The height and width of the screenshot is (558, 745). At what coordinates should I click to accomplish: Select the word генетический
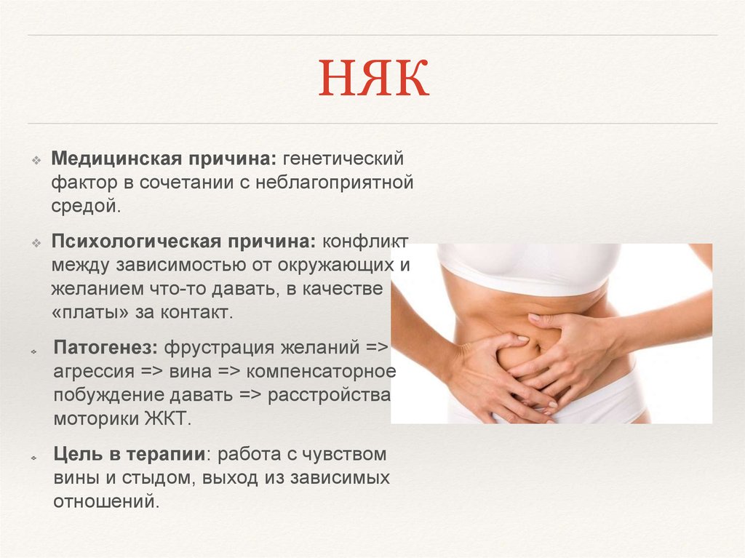(343, 157)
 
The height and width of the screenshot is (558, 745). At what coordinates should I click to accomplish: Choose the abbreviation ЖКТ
(169, 419)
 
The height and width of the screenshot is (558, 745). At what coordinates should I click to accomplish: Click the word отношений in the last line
(105, 502)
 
